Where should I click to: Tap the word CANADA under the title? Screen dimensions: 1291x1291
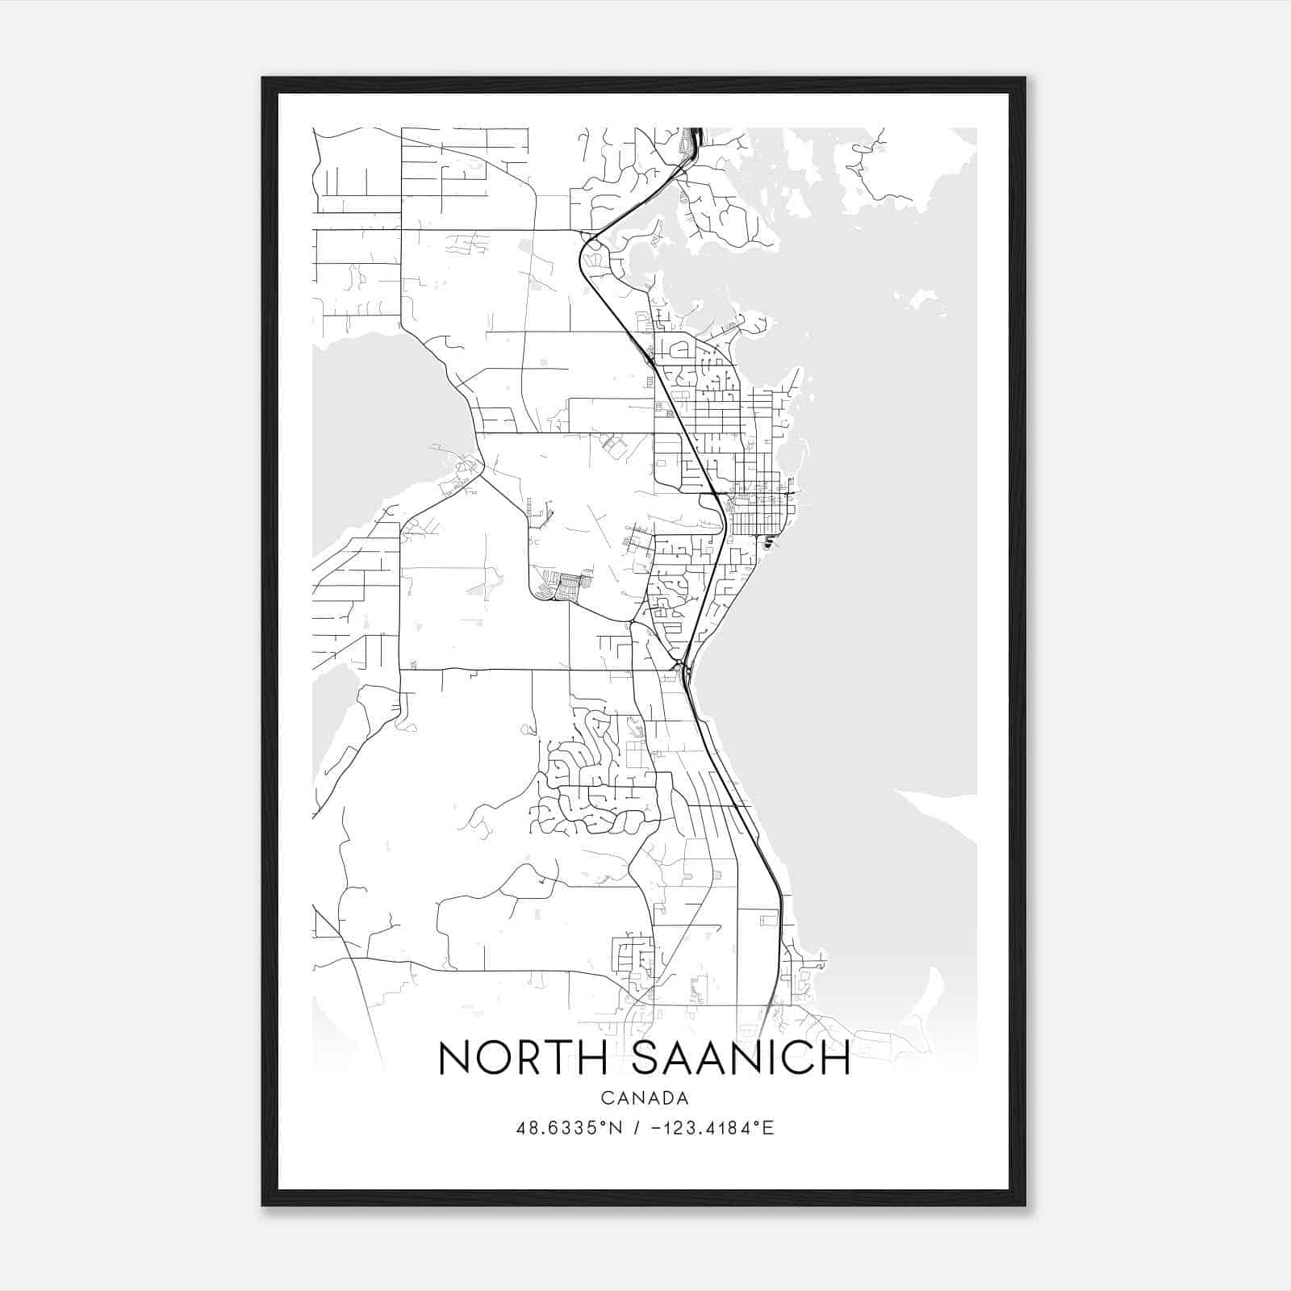tap(645, 1098)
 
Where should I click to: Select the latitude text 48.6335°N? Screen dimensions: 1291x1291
tap(570, 1128)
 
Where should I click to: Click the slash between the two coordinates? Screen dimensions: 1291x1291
tap(637, 1128)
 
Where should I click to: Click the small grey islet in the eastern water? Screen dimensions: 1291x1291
tap(918, 300)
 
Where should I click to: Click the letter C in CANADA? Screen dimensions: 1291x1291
tap(606, 1098)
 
